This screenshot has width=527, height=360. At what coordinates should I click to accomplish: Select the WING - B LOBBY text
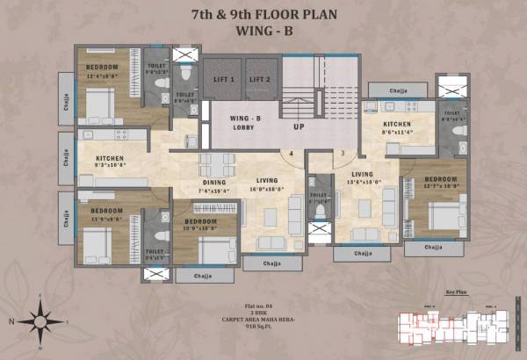click(242, 122)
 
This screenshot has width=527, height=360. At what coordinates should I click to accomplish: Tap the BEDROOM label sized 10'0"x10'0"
click(200, 222)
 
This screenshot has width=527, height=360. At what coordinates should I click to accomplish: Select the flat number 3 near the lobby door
click(343, 153)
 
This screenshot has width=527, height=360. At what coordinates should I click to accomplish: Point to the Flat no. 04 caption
click(263, 305)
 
